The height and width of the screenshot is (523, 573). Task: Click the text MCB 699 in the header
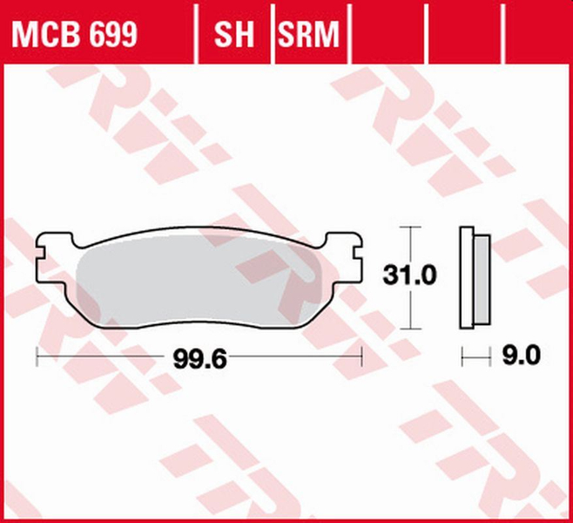[74, 34]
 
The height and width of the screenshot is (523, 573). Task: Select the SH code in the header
[233, 34]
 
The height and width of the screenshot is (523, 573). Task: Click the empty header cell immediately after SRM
[390, 34]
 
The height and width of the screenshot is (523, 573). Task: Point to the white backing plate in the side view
[466, 278]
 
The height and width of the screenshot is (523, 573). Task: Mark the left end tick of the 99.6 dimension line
[36, 356]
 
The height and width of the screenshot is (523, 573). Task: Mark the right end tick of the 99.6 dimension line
[360, 356]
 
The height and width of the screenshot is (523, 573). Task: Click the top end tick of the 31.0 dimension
[409, 227]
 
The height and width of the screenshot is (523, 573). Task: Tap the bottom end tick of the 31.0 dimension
[409, 329]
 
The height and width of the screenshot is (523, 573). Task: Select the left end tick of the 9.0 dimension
[462, 356]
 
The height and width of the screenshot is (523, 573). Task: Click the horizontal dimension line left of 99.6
[104, 356]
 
